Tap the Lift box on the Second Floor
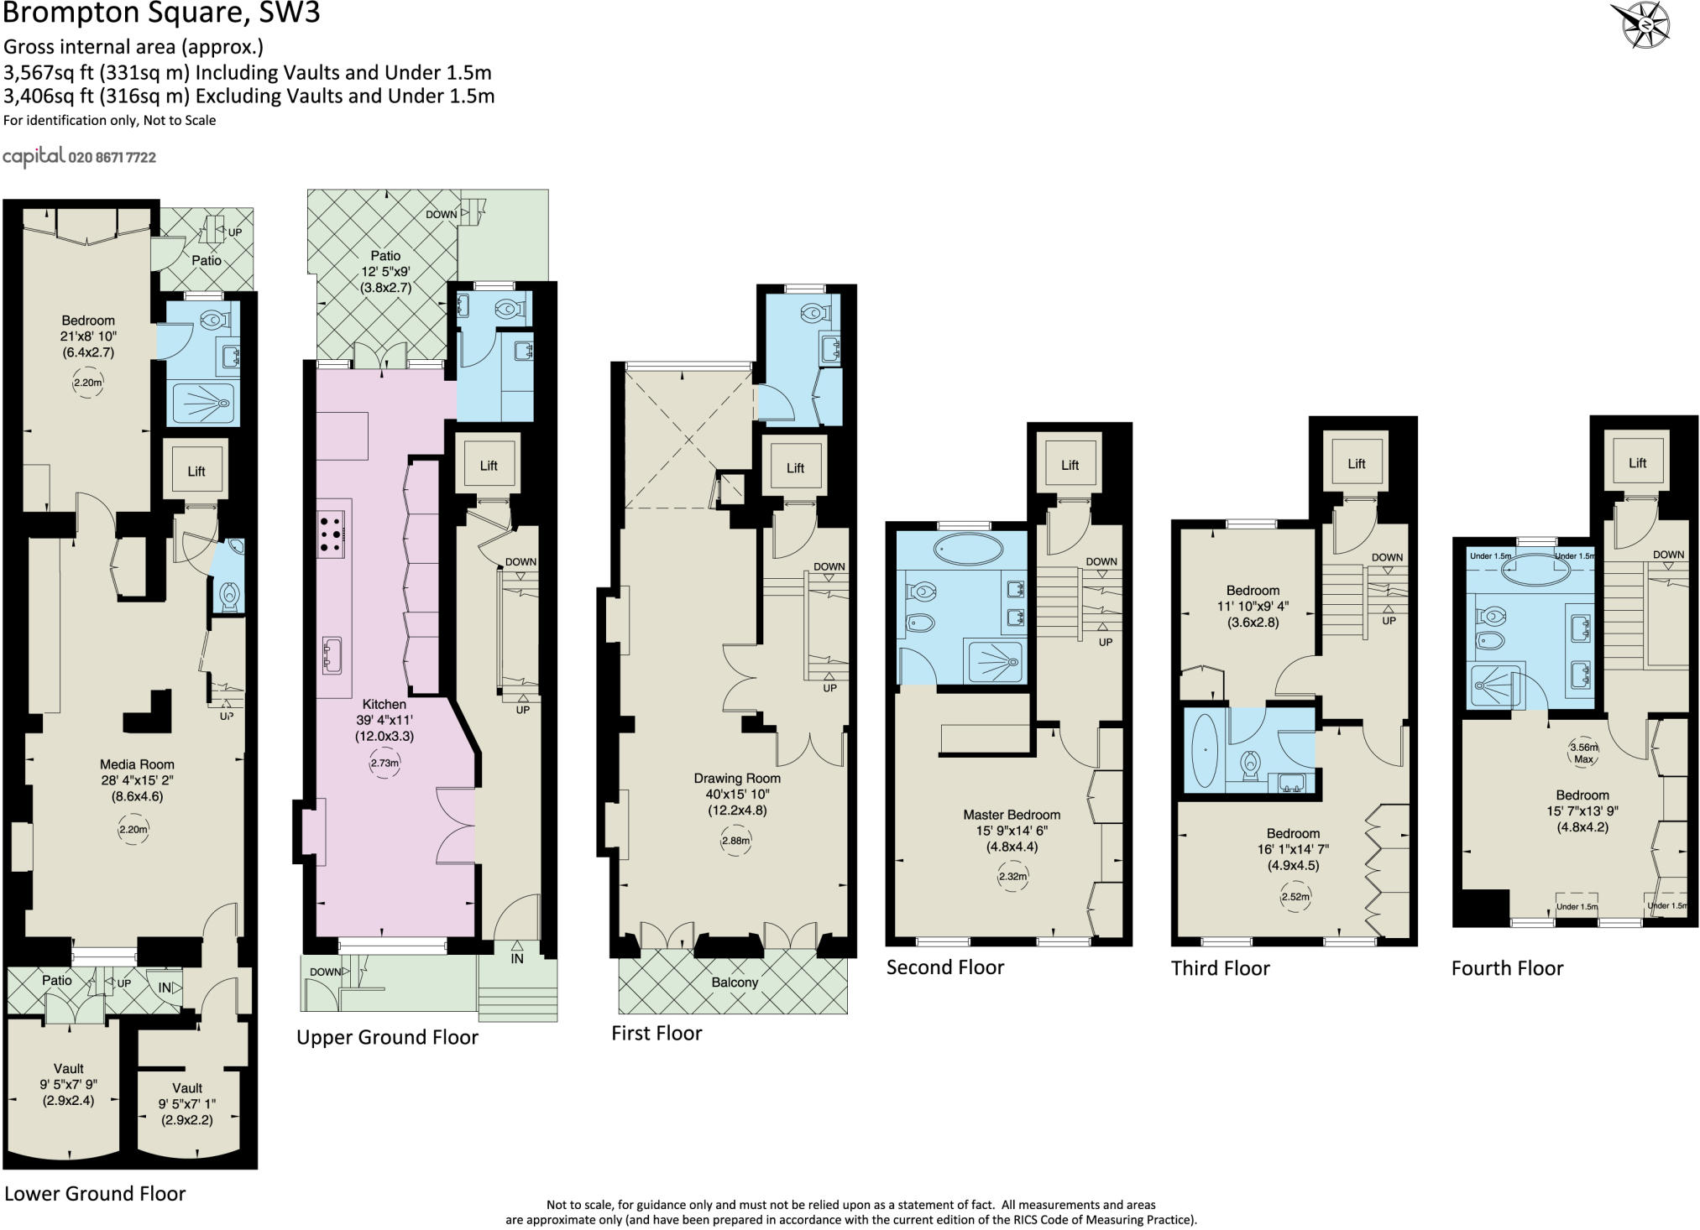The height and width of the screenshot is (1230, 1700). pyautogui.click(x=1069, y=464)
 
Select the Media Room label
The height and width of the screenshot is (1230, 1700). pyautogui.click(x=137, y=764)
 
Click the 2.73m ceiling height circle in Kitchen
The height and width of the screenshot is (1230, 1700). pyautogui.click(x=384, y=764)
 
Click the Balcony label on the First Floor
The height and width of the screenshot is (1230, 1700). pyautogui.click(x=735, y=982)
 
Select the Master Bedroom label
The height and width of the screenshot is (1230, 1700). pyautogui.click(x=1011, y=815)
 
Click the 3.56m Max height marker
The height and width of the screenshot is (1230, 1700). pyautogui.click(x=1583, y=753)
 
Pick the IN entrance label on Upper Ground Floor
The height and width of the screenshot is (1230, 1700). pyautogui.click(x=517, y=958)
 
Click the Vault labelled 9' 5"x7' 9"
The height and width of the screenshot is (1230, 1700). pyautogui.click(x=68, y=1084)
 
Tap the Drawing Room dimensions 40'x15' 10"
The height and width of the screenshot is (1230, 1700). pyautogui.click(x=737, y=795)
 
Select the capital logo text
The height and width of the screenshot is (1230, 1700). pyautogui.click(x=34, y=157)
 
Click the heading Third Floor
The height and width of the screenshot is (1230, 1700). pyautogui.click(x=1220, y=968)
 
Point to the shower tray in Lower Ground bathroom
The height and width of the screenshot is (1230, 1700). pyautogui.click(x=204, y=404)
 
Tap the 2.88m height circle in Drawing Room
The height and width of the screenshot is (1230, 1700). pyautogui.click(x=735, y=841)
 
